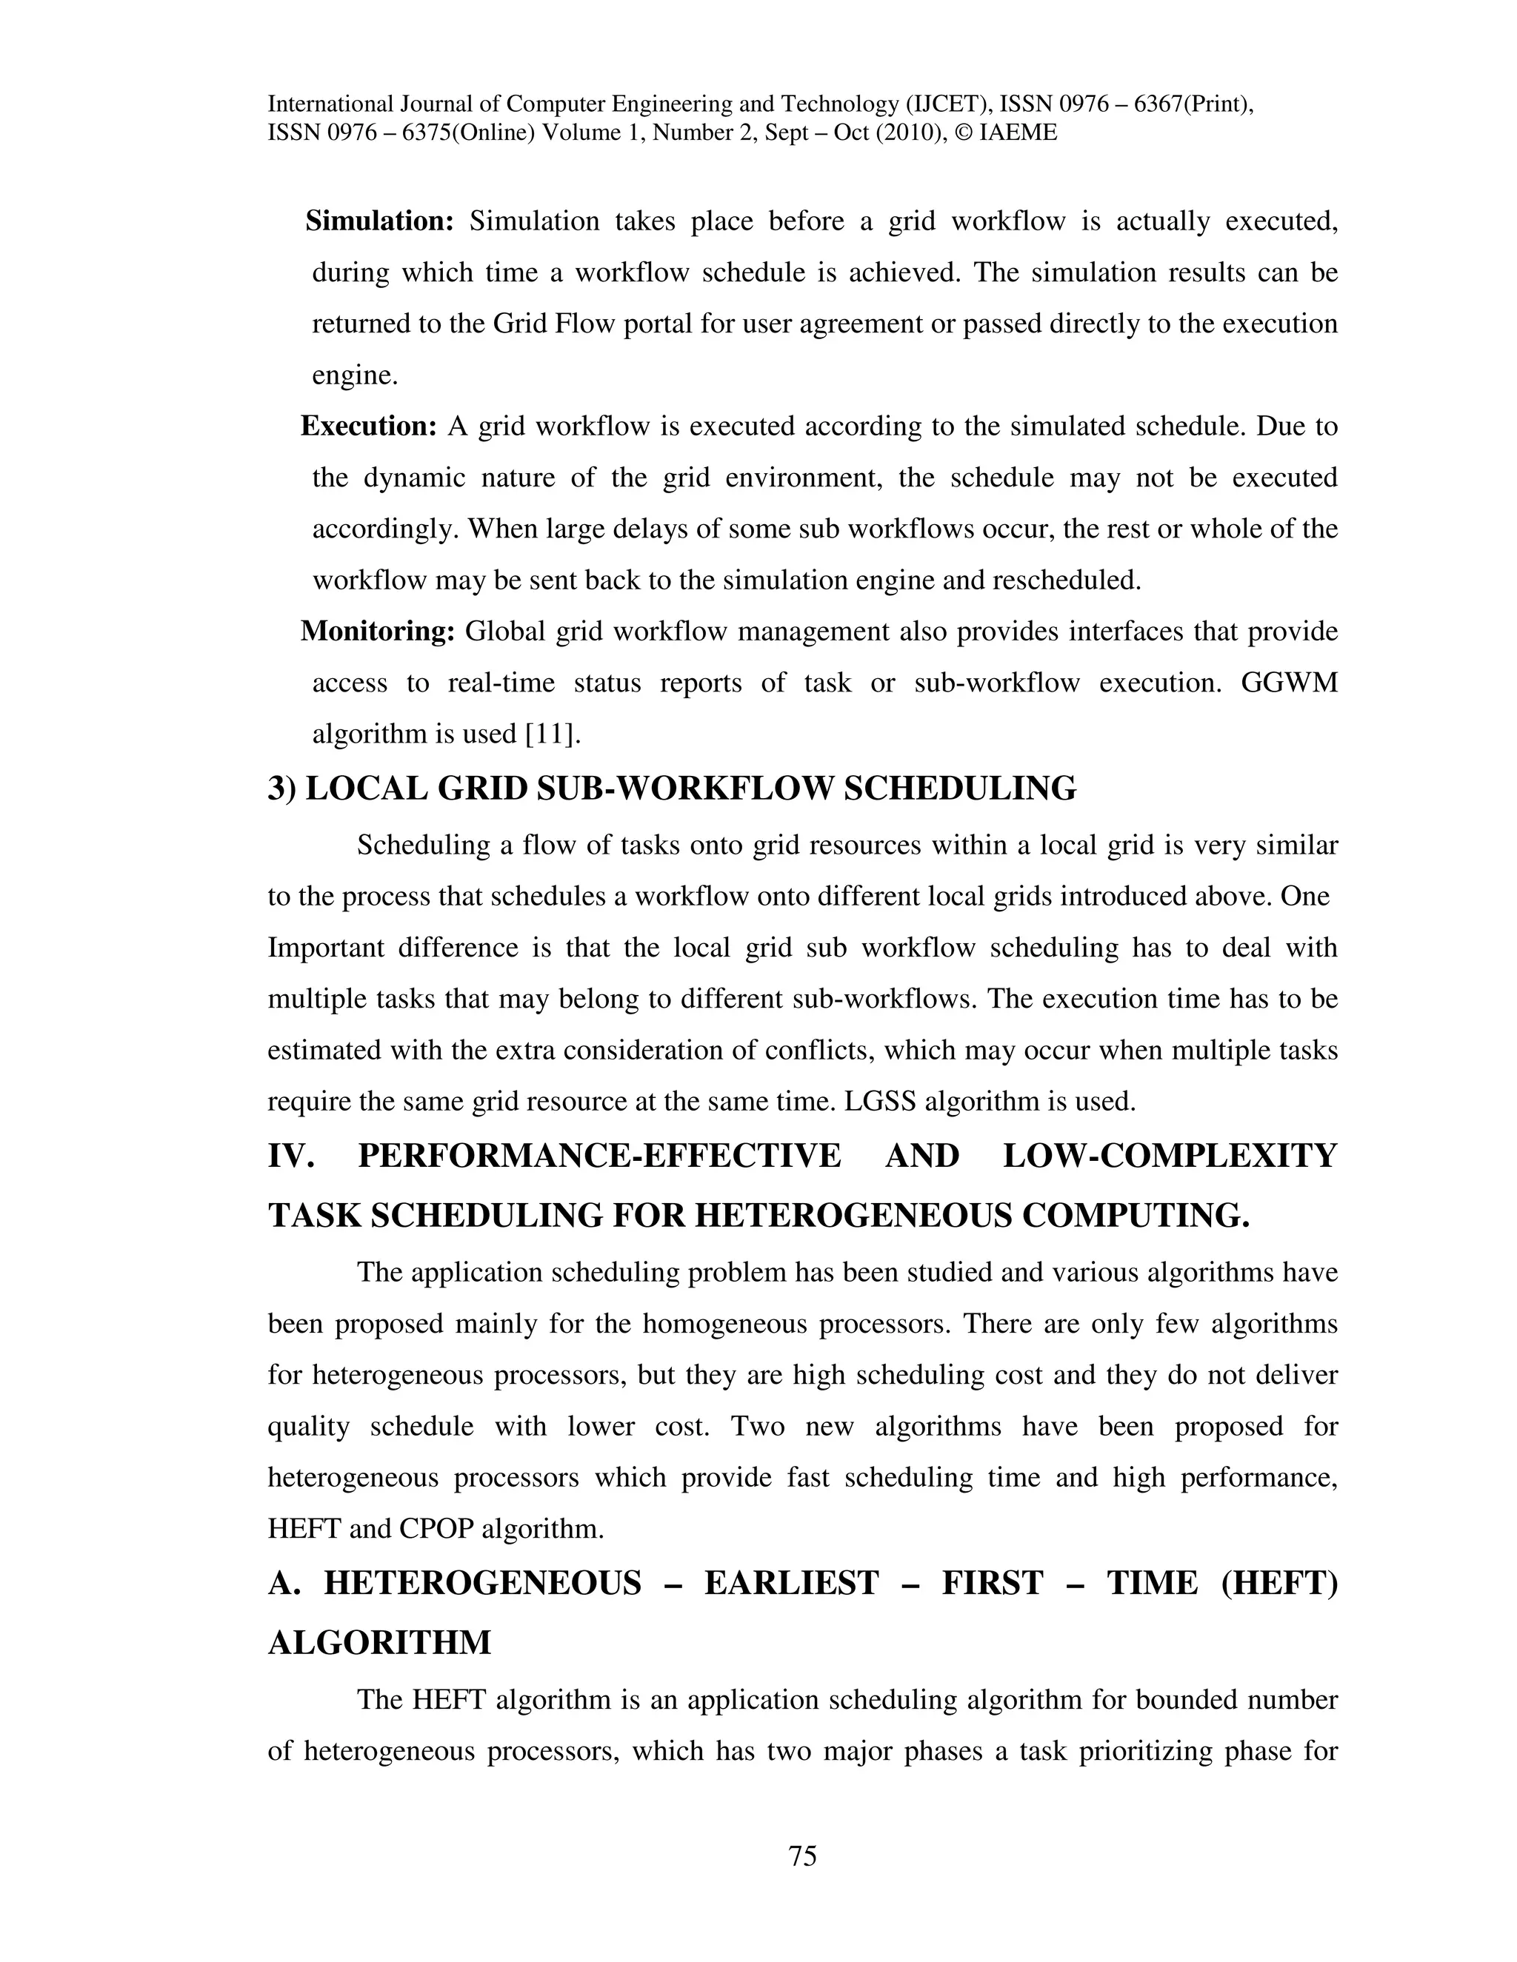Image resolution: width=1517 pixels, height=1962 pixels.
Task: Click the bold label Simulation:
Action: (380, 221)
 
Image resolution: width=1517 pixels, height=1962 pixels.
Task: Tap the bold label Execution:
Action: (368, 426)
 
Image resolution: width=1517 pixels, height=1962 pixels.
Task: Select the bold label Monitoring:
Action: (378, 632)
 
